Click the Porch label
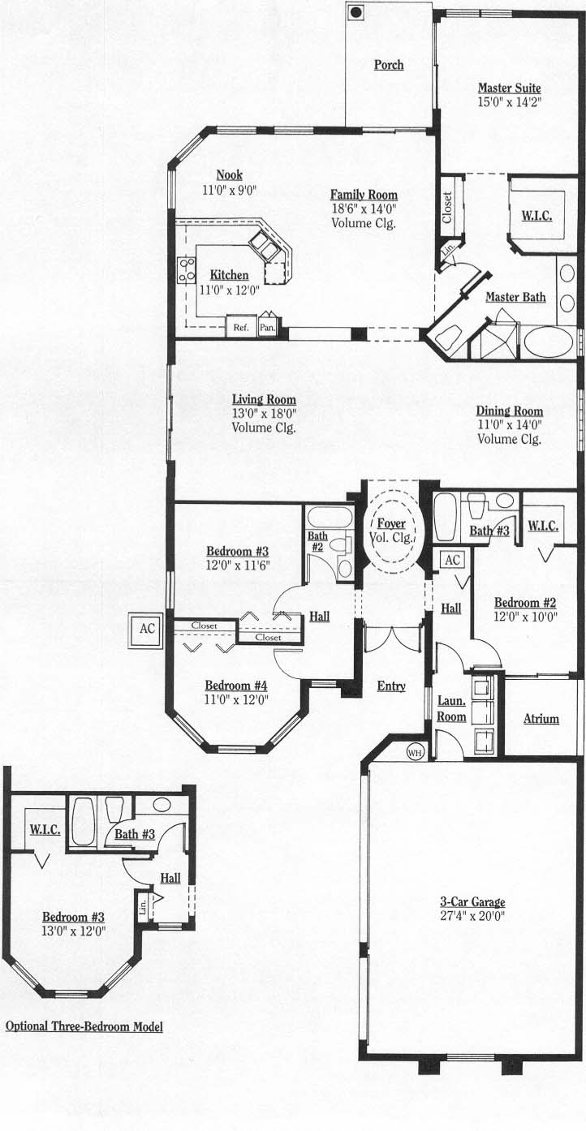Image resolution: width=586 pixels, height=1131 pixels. tap(389, 65)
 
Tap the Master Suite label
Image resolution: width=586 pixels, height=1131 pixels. tap(509, 88)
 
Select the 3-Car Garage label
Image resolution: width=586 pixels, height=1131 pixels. tap(472, 901)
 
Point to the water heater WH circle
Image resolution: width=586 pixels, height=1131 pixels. tap(414, 753)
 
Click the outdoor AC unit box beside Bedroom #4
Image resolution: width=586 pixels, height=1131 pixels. tap(147, 629)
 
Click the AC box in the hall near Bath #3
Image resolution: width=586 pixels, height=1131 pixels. tap(452, 560)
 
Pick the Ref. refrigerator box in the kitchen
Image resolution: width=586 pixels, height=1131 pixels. tap(241, 327)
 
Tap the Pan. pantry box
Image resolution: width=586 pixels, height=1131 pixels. tap(267, 327)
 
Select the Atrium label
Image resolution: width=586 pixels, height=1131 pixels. tap(541, 719)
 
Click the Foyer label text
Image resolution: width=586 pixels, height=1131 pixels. tap(391, 523)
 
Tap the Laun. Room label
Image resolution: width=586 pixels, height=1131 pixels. tap(451, 708)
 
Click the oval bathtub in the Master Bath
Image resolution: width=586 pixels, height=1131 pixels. tap(548, 343)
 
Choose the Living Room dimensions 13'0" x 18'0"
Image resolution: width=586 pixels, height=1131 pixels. tap(265, 413)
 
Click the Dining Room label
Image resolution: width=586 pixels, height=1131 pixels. tap(510, 411)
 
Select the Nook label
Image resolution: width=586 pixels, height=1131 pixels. tap(230, 175)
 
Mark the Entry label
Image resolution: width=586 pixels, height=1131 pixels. tap(391, 686)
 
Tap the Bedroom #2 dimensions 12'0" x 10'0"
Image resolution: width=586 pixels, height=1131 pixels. tap(526, 616)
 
